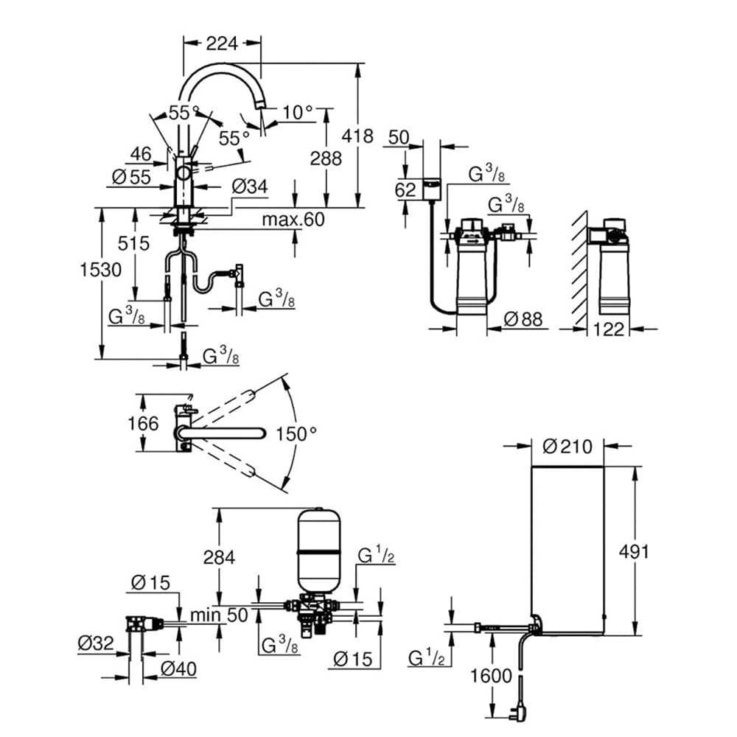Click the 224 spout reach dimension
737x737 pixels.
click(222, 43)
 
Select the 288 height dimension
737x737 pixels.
click(326, 158)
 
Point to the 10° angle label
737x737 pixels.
click(298, 112)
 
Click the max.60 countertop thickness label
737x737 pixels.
click(293, 219)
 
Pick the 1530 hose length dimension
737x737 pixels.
click(101, 270)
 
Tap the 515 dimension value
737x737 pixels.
click(134, 243)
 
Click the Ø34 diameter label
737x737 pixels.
click(248, 187)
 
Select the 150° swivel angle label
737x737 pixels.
click(296, 433)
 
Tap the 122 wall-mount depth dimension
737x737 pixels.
click(609, 329)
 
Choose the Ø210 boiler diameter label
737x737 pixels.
click(567, 446)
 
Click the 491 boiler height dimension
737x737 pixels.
click(634, 551)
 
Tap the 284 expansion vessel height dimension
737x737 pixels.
click(218, 557)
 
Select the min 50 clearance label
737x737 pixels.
click(219, 615)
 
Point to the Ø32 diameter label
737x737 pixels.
click(96, 643)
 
